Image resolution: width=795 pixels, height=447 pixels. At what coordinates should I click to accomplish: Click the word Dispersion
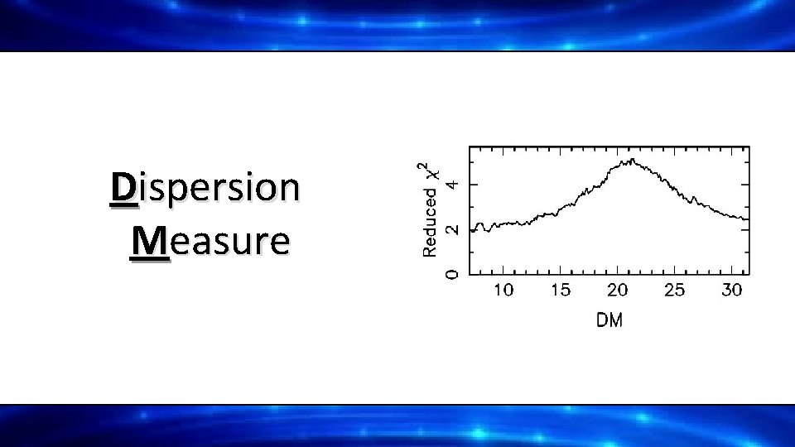point(205,188)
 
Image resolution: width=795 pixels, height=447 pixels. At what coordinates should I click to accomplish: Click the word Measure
point(210,241)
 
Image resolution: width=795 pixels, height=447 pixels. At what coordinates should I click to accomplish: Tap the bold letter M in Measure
point(150,241)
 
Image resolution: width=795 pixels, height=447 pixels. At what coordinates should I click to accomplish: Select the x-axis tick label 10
point(503,290)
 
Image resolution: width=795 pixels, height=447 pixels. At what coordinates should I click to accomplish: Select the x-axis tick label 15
point(560,290)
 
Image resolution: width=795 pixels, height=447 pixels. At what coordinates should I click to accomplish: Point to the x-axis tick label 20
point(617,290)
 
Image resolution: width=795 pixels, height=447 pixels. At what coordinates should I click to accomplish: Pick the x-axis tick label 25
point(674,290)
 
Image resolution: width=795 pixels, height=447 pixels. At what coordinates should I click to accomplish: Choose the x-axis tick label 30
point(731,290)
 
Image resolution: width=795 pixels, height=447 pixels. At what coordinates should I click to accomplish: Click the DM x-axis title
point(609,320)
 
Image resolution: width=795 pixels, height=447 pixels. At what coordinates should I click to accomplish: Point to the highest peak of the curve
point(632,160)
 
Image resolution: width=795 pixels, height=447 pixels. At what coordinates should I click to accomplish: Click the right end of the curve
point(748,219)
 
